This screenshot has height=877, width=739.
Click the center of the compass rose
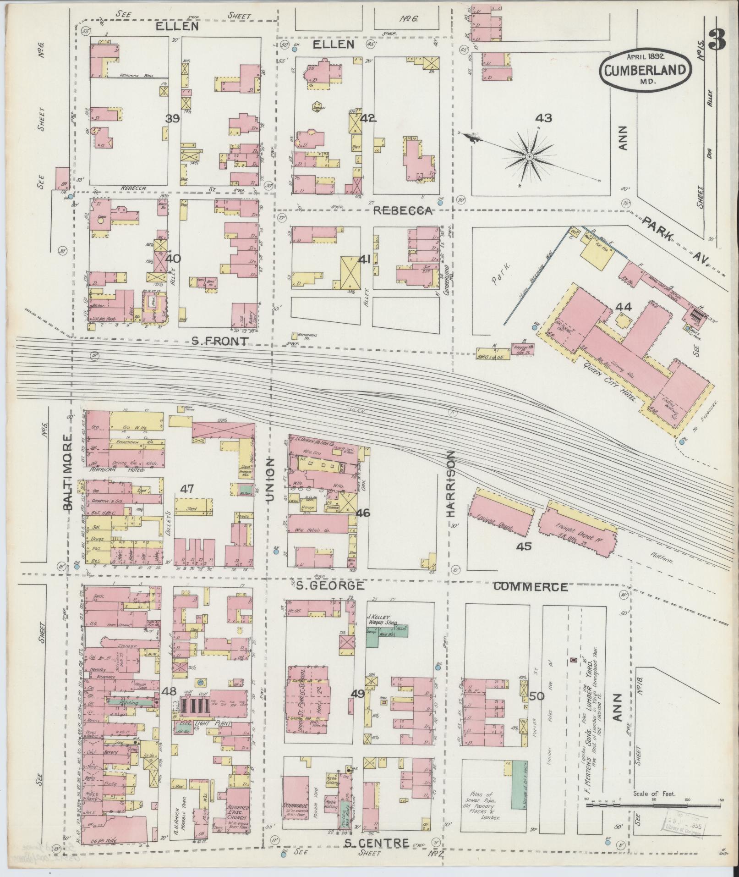click(529, 157)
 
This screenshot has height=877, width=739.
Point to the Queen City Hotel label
click(609, 380)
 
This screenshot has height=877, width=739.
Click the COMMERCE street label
click(531, 587)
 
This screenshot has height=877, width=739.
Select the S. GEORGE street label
click(329, 585)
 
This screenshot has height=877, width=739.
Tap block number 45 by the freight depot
click(524, 546)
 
